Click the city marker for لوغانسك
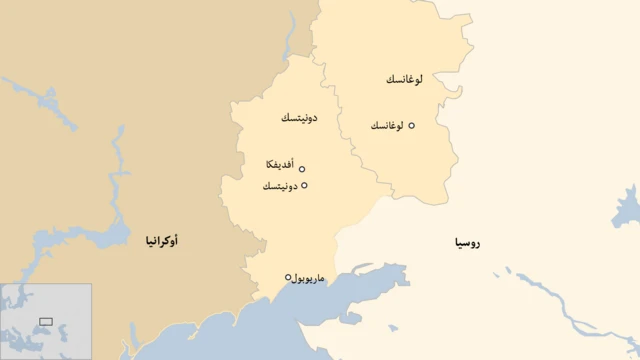click(411, 126)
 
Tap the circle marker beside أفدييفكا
click(302, 169)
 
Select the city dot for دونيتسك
click(304, 186)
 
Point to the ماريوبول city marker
click(288, 277)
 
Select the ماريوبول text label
click(314, 278)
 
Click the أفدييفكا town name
click(280, 164)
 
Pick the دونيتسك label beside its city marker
click(280, 187)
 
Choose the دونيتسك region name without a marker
click(299, 118)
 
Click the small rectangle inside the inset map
click(46, 321)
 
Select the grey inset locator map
click(46, 321)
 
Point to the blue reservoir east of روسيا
click(629, 210)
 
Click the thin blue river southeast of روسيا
click(560, 300)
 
